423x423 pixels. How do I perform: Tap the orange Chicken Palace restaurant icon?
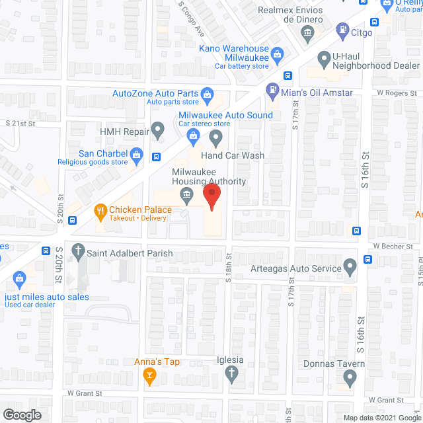pos(100,211)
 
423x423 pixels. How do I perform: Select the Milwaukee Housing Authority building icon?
pos(186,194)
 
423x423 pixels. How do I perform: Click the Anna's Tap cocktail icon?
pos(151,376)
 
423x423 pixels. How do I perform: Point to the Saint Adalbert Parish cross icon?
pos(78,251)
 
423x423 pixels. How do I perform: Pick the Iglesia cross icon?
pos(231,375)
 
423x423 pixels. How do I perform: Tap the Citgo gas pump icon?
pos(342,30)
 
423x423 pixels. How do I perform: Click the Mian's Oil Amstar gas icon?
pos(272,89)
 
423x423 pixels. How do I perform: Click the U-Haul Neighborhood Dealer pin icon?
pos(324,59)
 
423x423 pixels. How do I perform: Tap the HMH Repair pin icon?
pos(158,130)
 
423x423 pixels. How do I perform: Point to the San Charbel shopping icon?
pos(137,157)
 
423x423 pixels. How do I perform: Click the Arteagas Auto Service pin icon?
pos(350,267)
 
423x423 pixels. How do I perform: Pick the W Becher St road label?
pos(393,246)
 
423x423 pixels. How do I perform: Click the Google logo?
pos(22,414)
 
